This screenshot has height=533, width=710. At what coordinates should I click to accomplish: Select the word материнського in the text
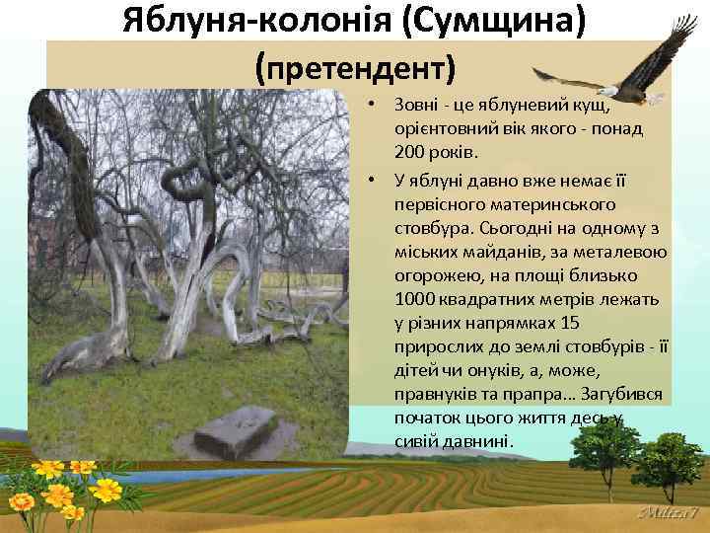pyautogui.click(x=560, y=204)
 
